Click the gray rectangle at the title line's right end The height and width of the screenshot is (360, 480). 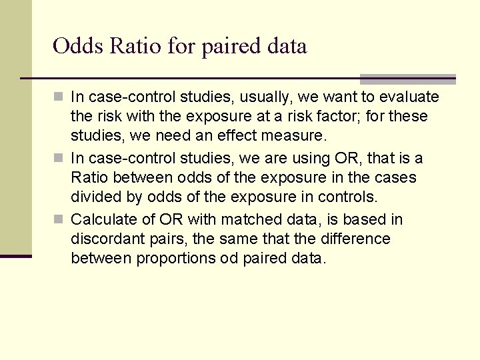point(407,79)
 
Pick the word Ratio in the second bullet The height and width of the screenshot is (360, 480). point(89,178)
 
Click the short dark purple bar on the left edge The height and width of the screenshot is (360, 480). point(15,255)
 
